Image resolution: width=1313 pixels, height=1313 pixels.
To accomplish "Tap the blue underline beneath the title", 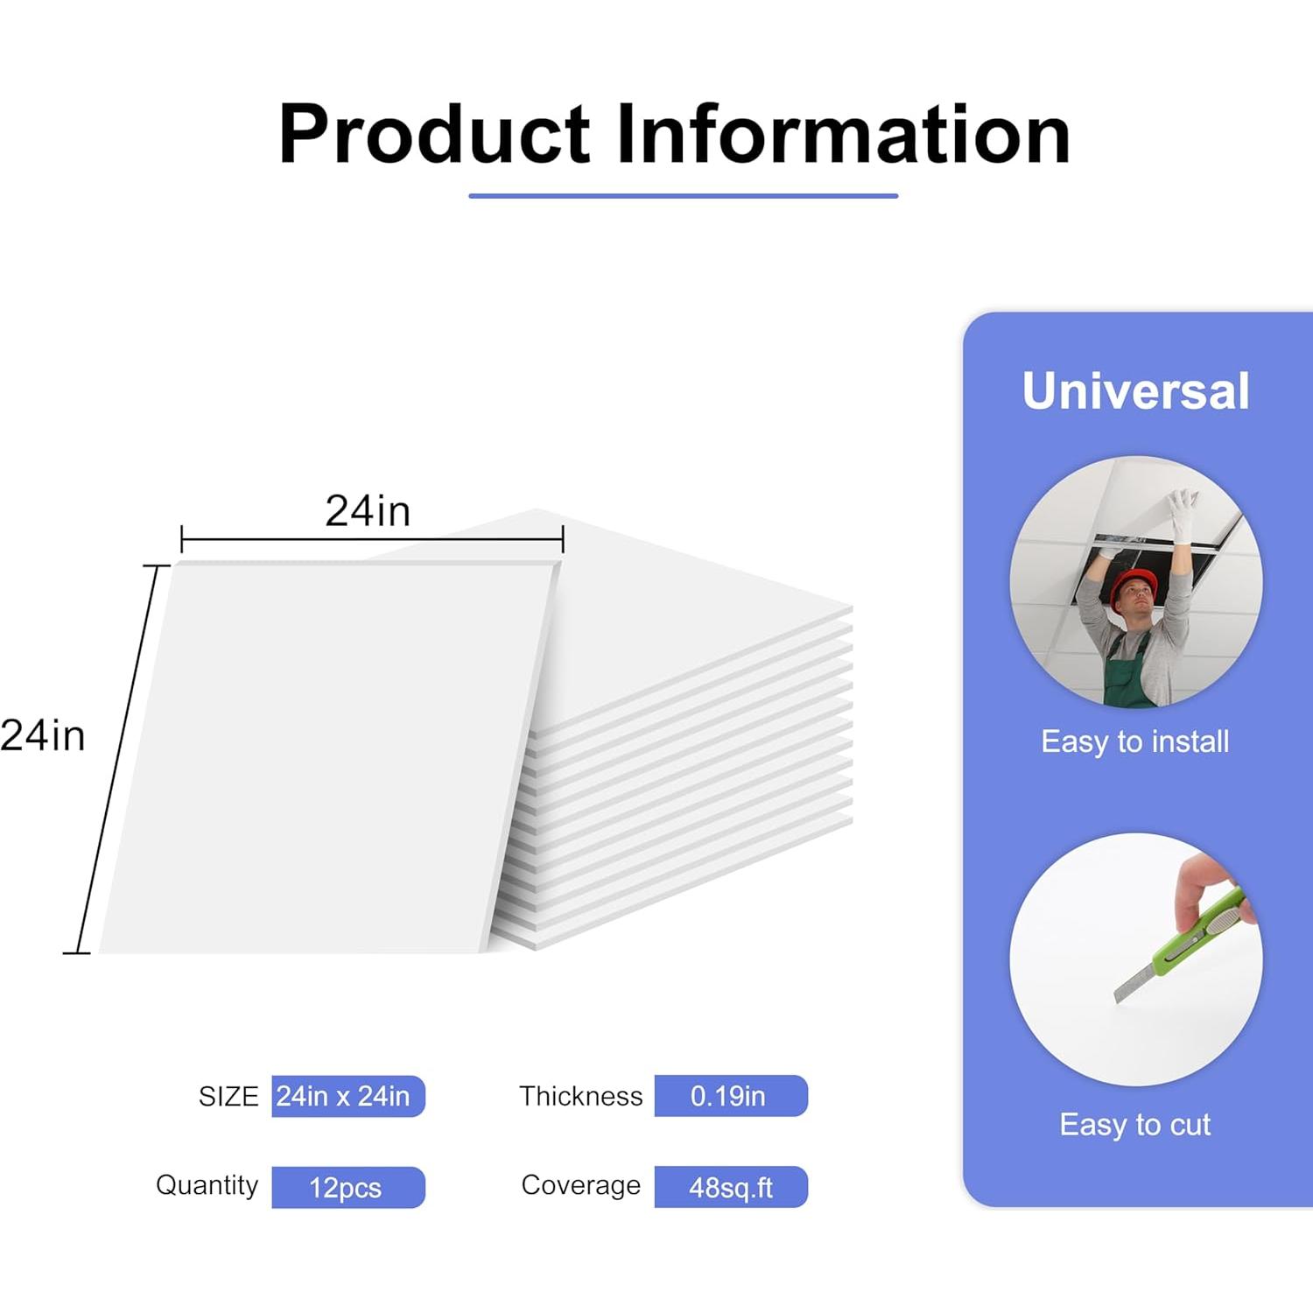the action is point(684,196).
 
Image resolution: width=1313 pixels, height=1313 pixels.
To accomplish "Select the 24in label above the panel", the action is point(368,511).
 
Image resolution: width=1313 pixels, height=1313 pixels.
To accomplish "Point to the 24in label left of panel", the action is point(43,735).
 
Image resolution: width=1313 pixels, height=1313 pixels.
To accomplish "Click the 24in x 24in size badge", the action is point(348,1096).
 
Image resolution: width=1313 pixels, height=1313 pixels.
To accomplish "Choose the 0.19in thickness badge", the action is point(731,1096).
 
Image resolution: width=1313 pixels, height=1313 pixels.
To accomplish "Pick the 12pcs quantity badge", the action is point(348,1188).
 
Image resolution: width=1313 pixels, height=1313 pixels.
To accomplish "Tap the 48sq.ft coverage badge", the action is point(731,1187).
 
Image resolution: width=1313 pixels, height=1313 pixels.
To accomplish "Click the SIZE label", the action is point(228,1097).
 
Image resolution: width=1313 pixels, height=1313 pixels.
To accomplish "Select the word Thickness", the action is point(580,1096).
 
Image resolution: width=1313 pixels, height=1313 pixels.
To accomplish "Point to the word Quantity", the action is point(207,1186).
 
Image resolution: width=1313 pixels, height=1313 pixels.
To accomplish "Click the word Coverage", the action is point(581,1185).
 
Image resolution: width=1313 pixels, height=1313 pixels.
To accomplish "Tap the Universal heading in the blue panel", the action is point(1136,390).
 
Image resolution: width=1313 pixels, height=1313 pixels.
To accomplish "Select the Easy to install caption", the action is point(1135,742).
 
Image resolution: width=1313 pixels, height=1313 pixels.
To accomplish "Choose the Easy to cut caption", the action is point(1135,1125).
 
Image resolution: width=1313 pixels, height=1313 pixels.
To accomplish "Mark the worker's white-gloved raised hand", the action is point(1183,506).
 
